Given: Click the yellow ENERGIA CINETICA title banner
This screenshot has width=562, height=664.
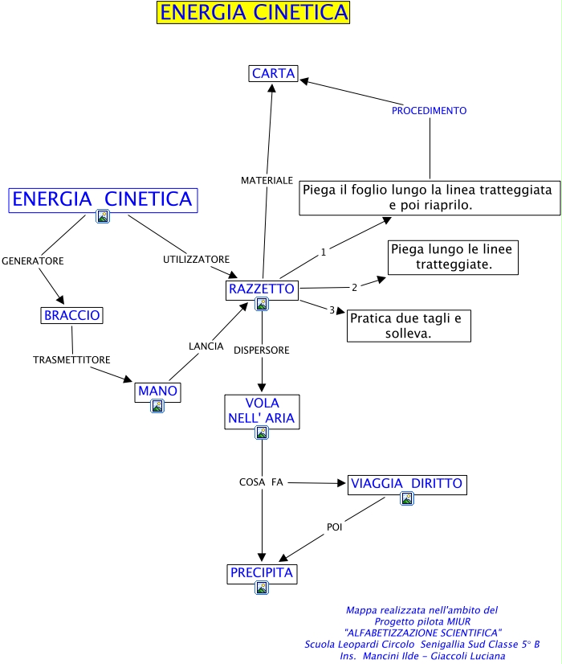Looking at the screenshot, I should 254,13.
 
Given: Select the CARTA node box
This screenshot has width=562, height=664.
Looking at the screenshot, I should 273,74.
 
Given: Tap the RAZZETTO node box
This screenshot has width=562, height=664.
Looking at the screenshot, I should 262,289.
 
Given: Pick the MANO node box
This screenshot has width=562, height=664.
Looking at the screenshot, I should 157,391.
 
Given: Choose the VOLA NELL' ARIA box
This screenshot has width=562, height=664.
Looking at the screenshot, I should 262,410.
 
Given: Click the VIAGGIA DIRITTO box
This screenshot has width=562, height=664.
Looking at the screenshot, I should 406,483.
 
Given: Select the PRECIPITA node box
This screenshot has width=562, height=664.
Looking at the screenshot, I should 262,574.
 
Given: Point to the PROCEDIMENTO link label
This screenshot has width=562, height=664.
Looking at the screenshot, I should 429,110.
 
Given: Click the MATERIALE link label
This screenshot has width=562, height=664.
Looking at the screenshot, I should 267,181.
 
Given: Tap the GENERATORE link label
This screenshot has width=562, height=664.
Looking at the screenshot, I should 33,261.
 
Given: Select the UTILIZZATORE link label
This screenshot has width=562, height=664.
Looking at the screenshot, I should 197,260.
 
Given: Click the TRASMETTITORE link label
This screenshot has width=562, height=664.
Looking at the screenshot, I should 71,359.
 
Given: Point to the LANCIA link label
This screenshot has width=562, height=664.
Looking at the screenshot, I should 206,346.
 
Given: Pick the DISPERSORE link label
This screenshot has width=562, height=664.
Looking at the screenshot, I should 262,350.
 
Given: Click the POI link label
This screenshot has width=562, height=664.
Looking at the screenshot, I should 335,527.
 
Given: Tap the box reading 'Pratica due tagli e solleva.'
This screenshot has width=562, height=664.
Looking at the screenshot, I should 409,326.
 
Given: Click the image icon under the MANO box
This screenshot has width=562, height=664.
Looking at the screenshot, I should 157,406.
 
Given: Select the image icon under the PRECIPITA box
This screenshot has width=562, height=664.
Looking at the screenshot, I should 262,588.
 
